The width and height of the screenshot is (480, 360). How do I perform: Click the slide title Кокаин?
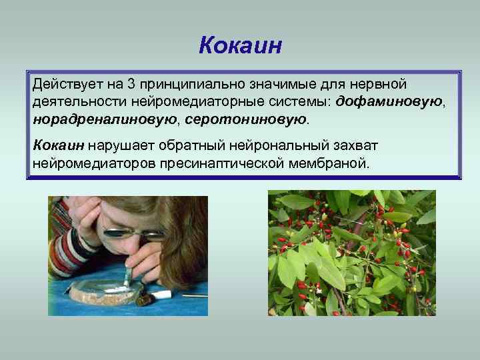(x=241, y=45)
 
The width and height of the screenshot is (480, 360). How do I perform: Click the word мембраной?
(x=335, y=162)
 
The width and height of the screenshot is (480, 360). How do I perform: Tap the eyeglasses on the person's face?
(x=133, y=233)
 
